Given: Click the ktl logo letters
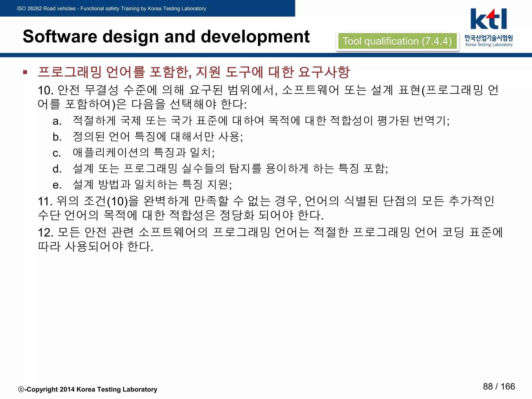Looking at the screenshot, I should pos(488,19).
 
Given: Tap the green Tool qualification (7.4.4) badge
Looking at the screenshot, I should pos(397,41).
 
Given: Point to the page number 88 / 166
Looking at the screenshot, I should pos(499,386).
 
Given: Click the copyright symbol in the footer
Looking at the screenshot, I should pos(21,389).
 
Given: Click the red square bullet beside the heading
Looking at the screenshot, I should pos(25,72).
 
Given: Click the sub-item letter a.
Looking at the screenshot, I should pos(57,121).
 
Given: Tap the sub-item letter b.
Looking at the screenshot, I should pos(57,137).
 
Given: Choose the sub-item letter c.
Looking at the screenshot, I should pos(57,153).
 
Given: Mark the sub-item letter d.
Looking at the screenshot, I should pos(57,169).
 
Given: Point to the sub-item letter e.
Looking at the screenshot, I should pos(57,185).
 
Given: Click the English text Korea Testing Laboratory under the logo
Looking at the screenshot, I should pos(489,45).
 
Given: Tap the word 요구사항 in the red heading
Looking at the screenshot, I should pos(324,72).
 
